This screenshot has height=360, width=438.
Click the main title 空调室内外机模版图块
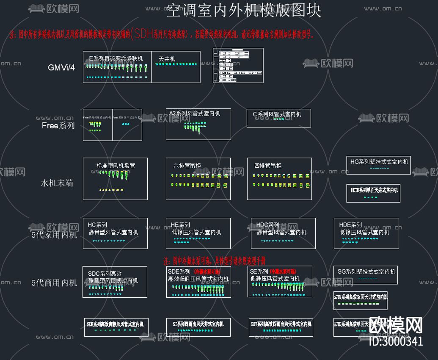[244, 11]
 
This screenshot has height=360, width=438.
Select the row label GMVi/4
[61, 67]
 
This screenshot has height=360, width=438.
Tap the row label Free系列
[58, 126]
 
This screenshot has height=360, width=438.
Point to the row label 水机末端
[57, 183]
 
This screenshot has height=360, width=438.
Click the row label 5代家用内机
[54, 235]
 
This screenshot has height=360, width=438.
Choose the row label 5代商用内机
[54, 282]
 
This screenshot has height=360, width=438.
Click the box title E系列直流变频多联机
[116, 58]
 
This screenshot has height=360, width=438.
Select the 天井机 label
[167, 59]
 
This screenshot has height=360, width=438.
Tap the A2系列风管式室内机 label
[195, 114]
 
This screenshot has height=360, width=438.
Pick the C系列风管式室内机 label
[277, 114]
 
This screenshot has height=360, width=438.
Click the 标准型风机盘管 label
[116, 166]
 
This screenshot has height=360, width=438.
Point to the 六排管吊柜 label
[187, 166]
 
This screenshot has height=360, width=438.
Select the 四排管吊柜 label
[267, 166]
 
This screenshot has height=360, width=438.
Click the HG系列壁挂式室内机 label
[380, 161]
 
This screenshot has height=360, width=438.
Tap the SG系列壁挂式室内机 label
[366, 271]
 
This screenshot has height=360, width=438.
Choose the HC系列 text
[97, 225]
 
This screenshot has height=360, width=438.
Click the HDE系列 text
[350, 225]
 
